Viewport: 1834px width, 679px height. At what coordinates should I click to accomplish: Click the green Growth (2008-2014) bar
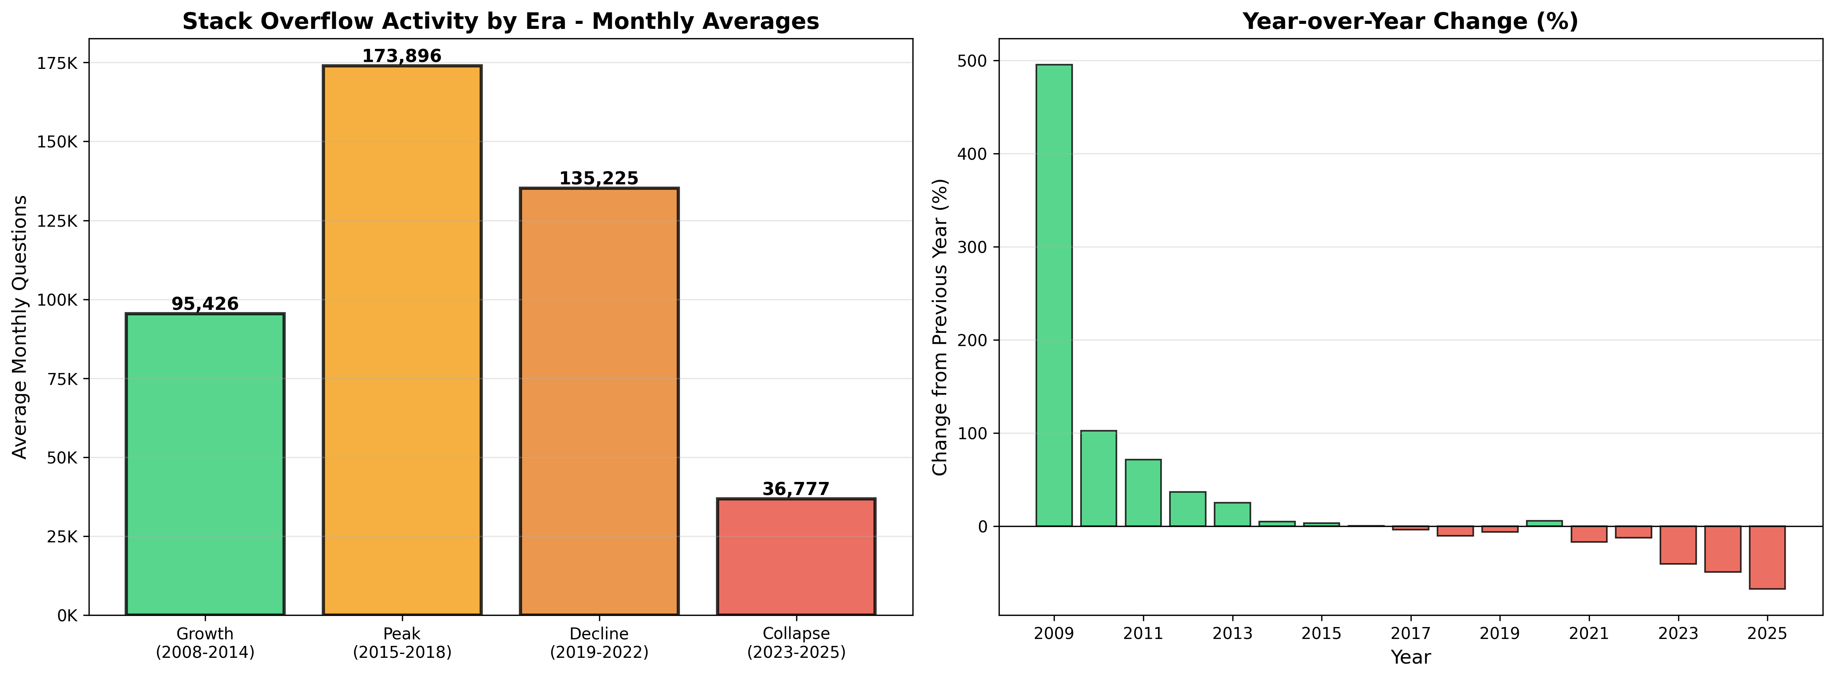(205, 464)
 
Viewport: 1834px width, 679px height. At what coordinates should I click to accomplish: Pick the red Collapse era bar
(796, 557)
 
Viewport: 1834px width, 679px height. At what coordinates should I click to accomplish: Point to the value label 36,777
(796, 489)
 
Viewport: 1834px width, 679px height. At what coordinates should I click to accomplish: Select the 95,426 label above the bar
(205, 304)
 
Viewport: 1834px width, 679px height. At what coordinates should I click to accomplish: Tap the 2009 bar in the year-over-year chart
(1054, 295)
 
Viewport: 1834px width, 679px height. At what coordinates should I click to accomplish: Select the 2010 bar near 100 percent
(1099, 478)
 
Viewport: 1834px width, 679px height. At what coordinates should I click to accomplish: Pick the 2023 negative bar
(1678, 545)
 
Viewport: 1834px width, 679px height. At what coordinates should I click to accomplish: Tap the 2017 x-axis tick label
(1411, 634)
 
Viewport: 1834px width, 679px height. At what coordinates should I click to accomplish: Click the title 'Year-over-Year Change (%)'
(1411, 21)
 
